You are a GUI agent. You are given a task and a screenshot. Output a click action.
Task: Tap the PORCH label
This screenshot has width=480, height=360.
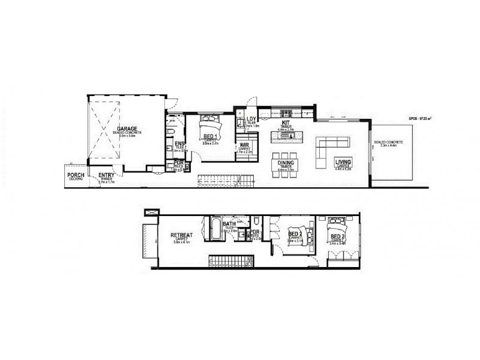76,175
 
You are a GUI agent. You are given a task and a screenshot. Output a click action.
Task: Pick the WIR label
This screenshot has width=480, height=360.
244,145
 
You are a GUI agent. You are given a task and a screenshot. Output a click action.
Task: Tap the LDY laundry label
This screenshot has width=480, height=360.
251,118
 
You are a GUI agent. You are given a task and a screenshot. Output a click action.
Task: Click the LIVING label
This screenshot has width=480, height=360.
344,162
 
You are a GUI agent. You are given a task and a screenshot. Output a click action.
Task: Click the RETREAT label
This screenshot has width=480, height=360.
181,235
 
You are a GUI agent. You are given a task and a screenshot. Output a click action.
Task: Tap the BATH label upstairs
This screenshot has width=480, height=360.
229,224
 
